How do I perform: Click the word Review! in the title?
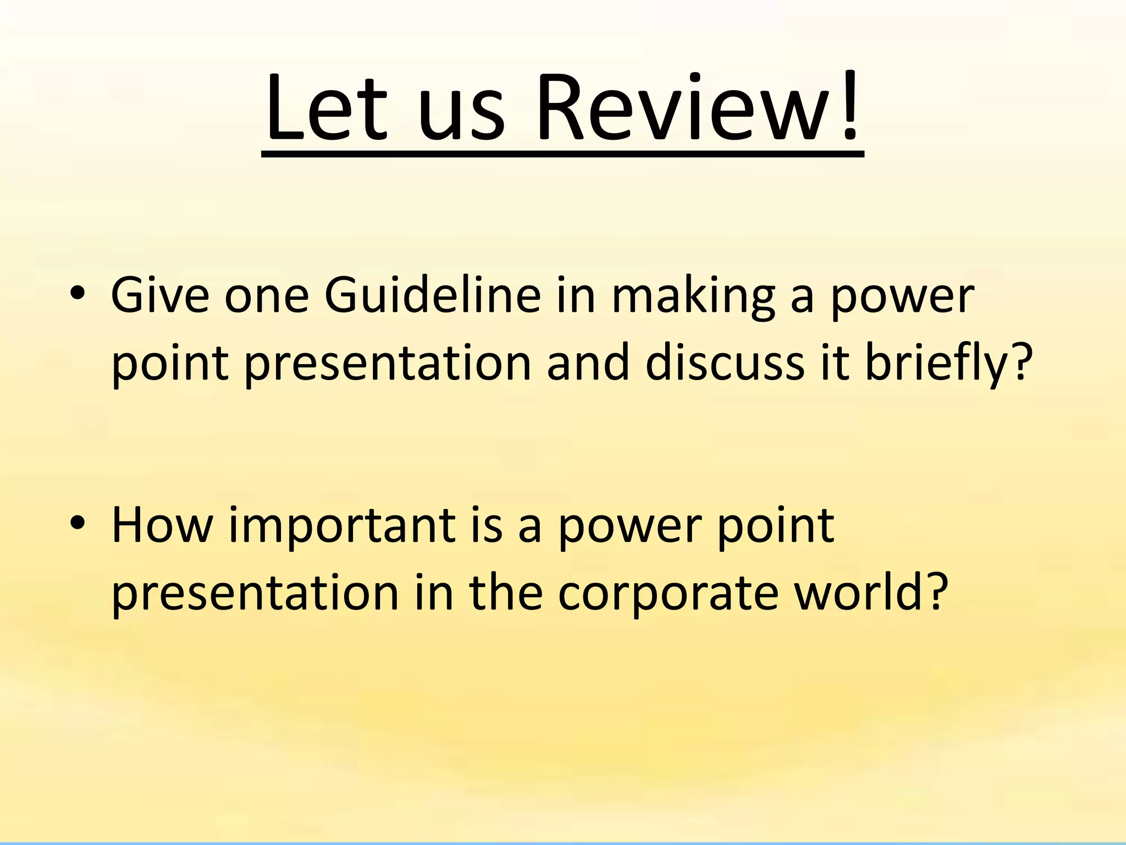698,108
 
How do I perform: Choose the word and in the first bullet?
588,363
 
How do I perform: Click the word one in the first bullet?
267,298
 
